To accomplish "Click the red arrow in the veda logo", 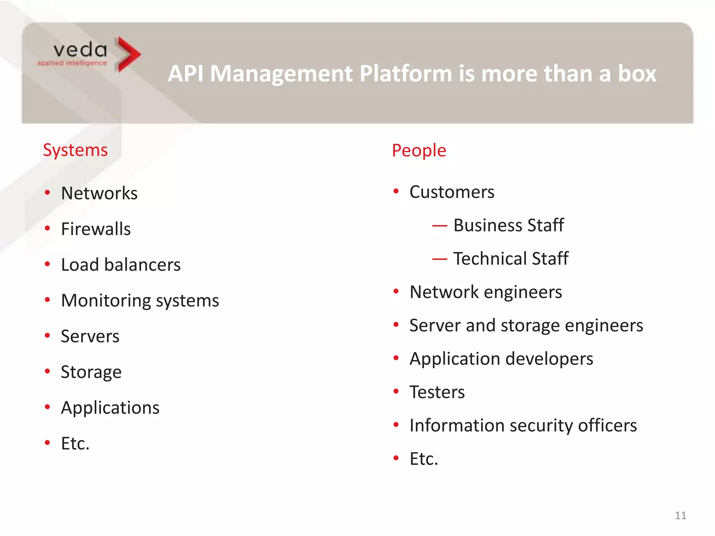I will (x=127, y=54).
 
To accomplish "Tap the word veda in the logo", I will (x=80, y=50).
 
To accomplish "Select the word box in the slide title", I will (x=637, y=74).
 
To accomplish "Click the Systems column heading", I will (x=75, y=150).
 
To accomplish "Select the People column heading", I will (x=419, y=151).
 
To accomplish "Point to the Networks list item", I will (x=99, y=193).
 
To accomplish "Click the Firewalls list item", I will (x=96, y=229).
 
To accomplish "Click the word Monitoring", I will (x=105, y=301).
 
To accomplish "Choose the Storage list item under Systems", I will (x=91, y=372).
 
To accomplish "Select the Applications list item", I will (x=110, y=408).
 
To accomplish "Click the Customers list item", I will (x=452, y=192).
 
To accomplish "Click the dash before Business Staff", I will (x=439, y=226).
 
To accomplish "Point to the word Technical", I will (x=490, y=259).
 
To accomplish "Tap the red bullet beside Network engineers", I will (x=396, y=291).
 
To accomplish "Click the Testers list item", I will (x=437, y=392).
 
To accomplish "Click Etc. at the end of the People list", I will (x=423, y=459).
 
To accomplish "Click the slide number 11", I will (x=680, y=515).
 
